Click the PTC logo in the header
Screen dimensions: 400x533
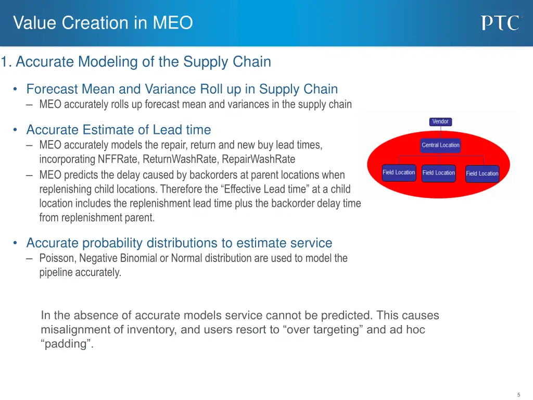500,23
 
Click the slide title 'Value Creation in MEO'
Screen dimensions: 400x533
103,23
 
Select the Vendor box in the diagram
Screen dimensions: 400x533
440,121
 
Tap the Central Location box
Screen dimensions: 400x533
440,145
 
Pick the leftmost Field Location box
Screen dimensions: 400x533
399,172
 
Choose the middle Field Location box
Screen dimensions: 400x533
438,173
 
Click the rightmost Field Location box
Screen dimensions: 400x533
482,173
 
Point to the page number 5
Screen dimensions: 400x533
518,394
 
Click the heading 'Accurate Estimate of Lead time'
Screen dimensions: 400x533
119,130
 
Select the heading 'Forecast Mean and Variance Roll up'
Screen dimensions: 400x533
182,89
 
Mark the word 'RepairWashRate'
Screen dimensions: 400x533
258,159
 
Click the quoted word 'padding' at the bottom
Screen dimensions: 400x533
67,344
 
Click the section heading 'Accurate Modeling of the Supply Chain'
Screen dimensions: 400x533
143,62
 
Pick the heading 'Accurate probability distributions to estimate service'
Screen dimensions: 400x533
179,243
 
